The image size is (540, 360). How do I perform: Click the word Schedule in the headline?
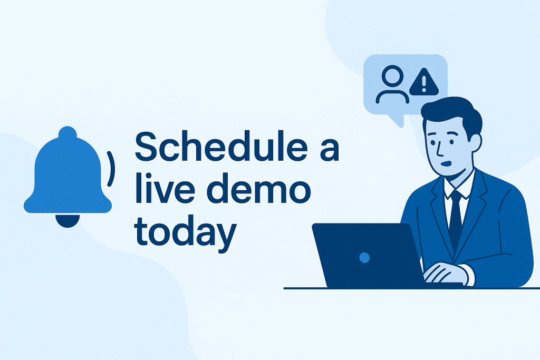click(221, 146)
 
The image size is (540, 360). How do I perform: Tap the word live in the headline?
click(163, 188)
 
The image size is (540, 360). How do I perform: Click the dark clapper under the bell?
click(68, 221)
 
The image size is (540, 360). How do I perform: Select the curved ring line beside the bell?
click(111, 169)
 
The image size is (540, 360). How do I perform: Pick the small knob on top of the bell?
click(67, 132)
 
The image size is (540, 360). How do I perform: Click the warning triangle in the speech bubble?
click(424, 83)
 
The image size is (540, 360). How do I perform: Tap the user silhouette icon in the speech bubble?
click(392, 85)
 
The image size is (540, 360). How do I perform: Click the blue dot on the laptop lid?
click(364, 257)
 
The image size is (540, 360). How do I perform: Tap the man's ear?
click(476, 143)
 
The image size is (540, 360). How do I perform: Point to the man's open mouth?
click(446, 163)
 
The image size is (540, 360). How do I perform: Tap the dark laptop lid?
click(368, 255)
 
